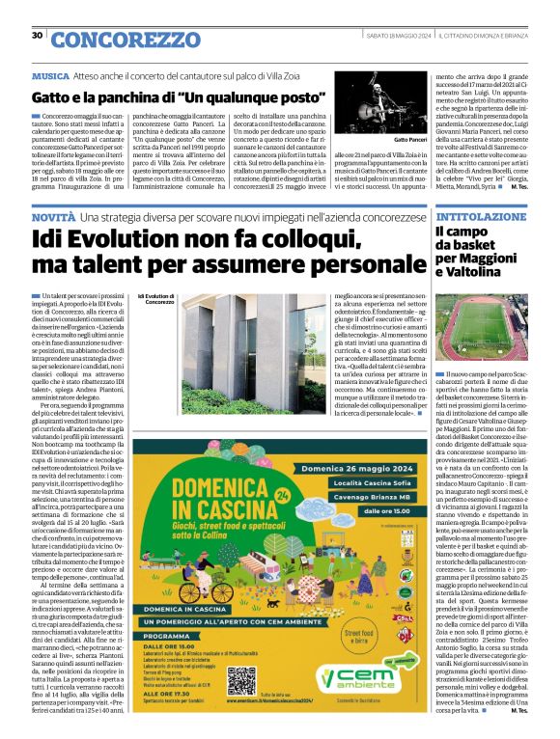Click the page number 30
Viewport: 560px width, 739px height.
(37, 36)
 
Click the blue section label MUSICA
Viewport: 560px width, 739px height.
(50, 74)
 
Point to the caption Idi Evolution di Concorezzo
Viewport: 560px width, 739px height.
(154, 300)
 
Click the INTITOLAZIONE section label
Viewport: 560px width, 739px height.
(457, 215)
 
